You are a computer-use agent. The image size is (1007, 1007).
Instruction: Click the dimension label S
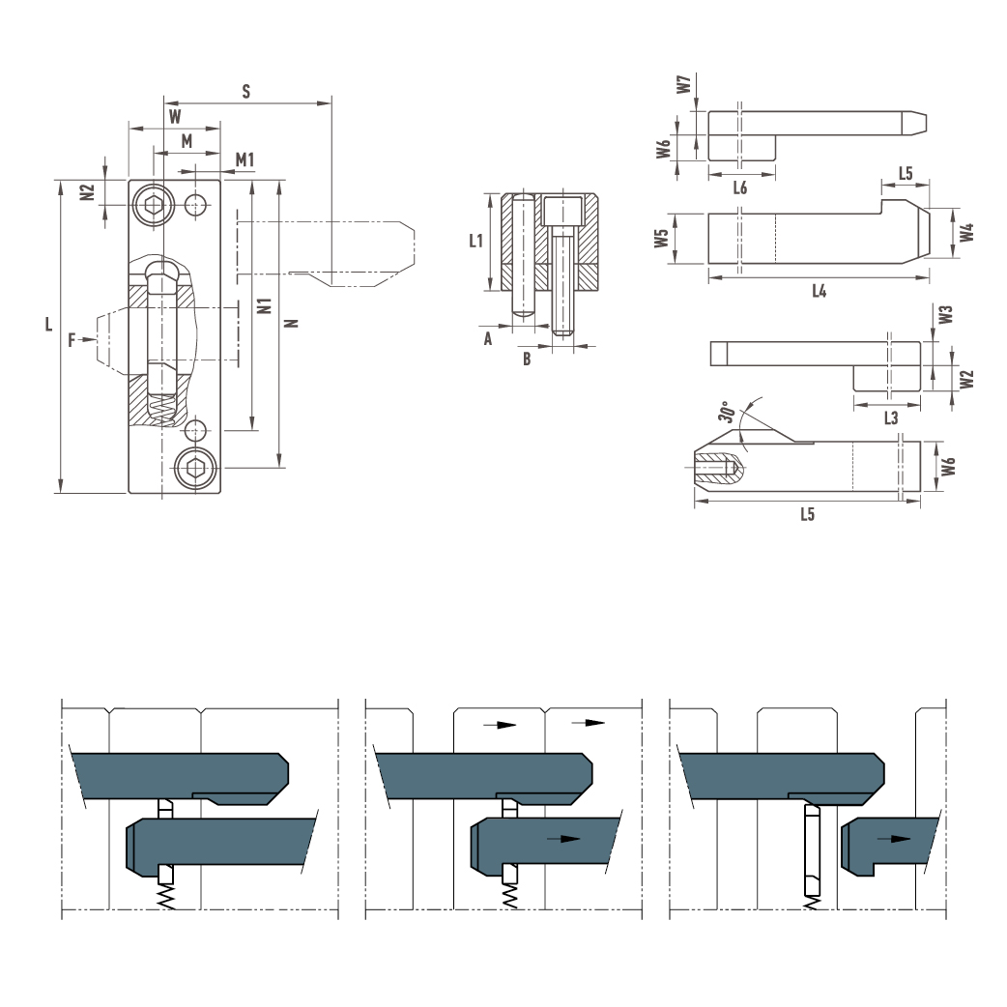246,91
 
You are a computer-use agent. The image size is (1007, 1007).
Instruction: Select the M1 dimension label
245,159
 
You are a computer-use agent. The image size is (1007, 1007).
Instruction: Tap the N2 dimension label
87,192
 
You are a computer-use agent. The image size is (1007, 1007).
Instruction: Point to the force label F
72,340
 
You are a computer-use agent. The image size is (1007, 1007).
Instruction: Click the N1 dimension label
265,305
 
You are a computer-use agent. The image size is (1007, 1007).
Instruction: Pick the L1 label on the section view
475,241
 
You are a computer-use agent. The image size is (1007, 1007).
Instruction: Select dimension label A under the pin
488,338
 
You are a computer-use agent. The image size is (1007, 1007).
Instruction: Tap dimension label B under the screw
527,359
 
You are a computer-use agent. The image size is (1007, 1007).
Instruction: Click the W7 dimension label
684,84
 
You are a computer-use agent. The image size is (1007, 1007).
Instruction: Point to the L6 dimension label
740,187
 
